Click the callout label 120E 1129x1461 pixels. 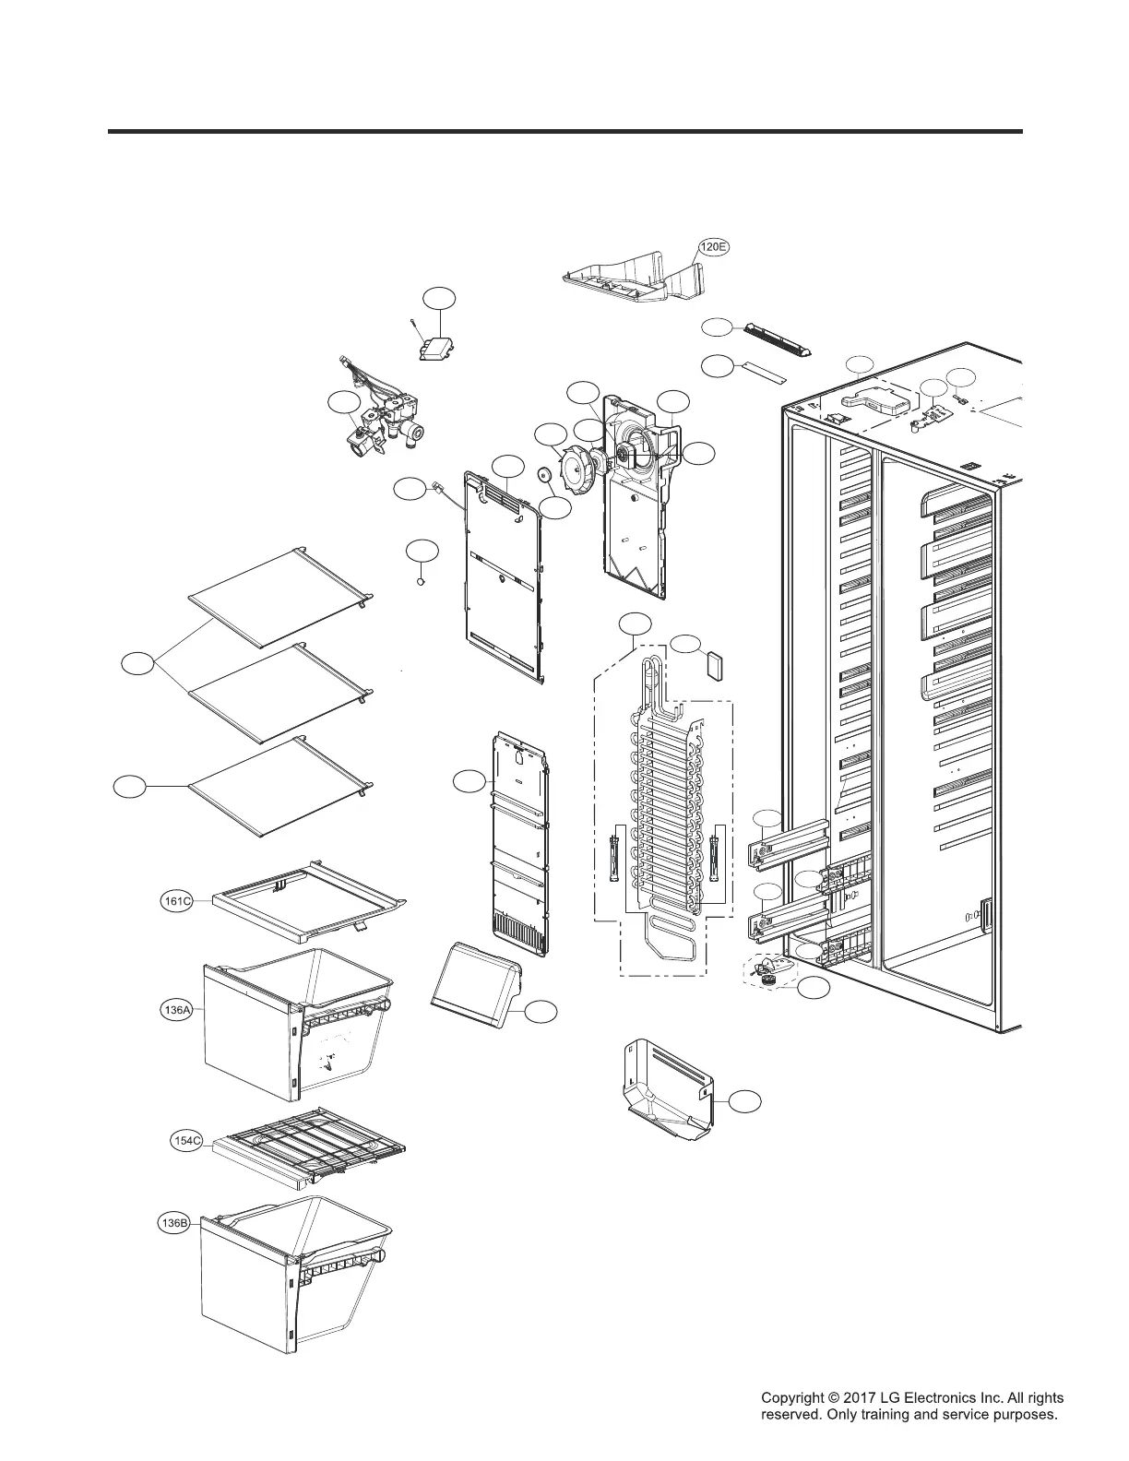(x=713, y=247)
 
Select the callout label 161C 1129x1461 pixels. (x=176, y=901)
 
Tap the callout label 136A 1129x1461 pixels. (x=176, y=1010)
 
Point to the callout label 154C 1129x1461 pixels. (x=187, y=1141)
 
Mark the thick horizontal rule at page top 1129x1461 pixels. (x=564, y=132)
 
